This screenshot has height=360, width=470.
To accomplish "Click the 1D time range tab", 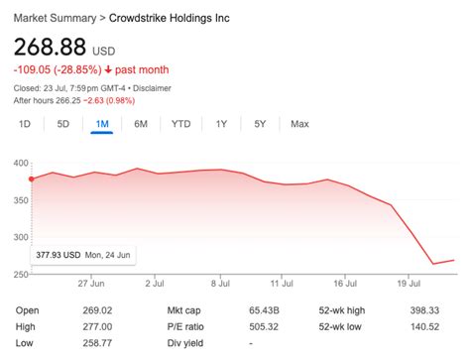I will (x=26, y=124).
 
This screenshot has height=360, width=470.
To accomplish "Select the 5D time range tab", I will (x=63, y=124).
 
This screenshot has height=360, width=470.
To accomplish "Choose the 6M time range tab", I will (x=142, y=124).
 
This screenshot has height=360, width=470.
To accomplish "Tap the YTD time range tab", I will (x=180, y=124).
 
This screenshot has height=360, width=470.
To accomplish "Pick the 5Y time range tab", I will (x=260, y=124).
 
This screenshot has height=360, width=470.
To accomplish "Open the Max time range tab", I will (x=299, y=124).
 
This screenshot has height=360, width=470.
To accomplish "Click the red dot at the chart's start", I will (x=31, y=179).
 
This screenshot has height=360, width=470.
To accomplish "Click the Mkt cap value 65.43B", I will (x=262, y=310).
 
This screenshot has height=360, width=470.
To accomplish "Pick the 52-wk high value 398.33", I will (x=423, y=310).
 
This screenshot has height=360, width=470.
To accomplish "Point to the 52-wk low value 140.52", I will (x=423, y=326).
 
